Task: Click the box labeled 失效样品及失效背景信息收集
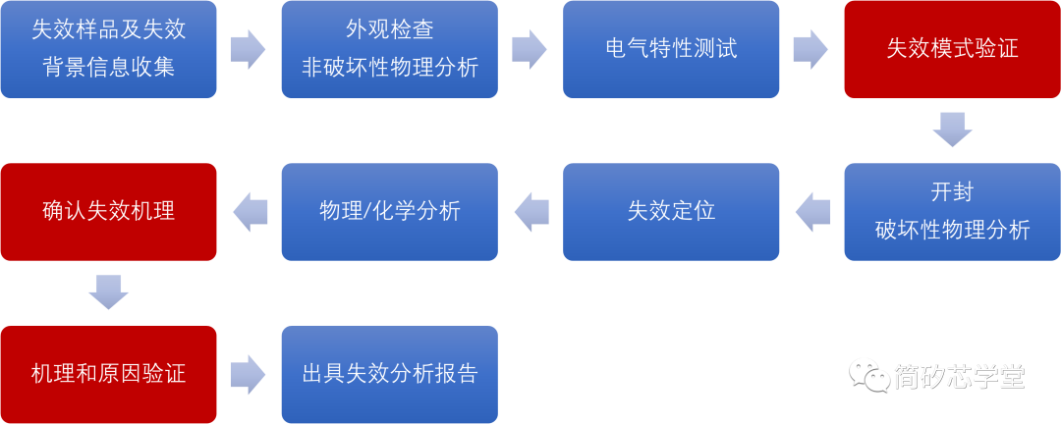click(x=108, y=49)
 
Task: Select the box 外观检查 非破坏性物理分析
click(x=389, y=49)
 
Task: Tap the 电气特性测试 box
click(x=671, y=49)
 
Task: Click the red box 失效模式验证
click(x=952, y=49)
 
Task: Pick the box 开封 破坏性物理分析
click(x=952, y=211)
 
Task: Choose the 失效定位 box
click(x=671, y=211)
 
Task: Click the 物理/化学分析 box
click(x=389, y=211)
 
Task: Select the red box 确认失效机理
click(x=108, y=211)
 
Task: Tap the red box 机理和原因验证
click(x=108, y=374)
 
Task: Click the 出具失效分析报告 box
click(x=389, y=374)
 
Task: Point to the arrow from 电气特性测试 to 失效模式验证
click(x=810, y=49)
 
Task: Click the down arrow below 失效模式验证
click(x=952, y=130)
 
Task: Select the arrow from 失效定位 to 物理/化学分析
click(x=530, y=211)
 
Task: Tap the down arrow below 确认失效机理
click(x=108, y=291)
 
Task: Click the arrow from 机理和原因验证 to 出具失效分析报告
click(x=249, y=374)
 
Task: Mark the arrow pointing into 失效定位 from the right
click(x=811, y=211)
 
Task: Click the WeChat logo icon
click(x=869, y=374)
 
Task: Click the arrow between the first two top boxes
click(x=249, y=49)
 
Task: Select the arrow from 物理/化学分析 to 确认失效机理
click(x=250, y=211)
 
